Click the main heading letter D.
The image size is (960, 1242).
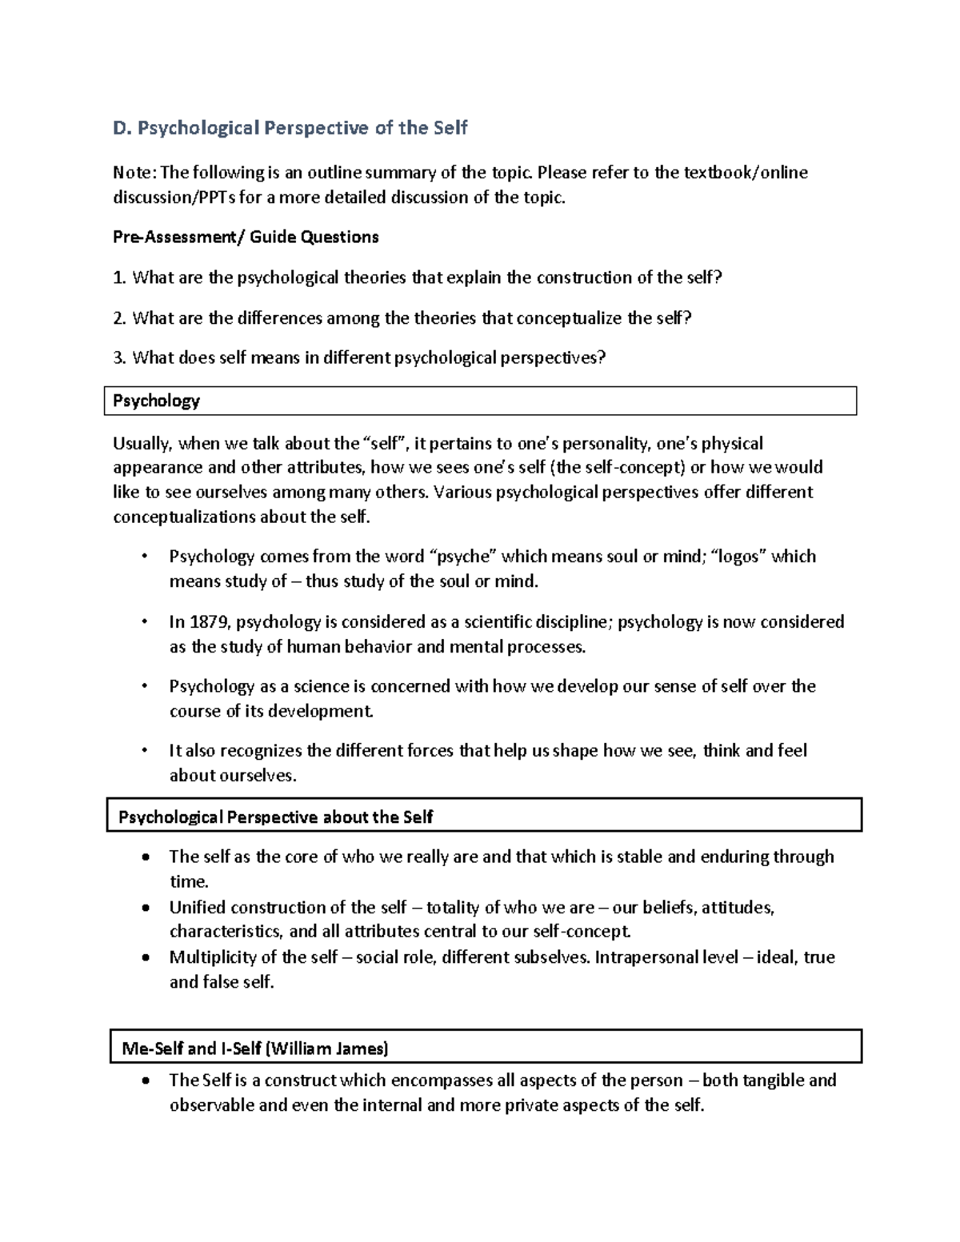click(x=121, y=128)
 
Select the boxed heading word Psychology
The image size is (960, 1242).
click(x=156, y=401)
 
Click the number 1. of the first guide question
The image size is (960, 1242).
click(x=119, y=278)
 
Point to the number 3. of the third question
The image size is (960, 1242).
click(x=119, y=357)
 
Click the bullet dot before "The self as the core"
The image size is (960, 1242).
click(x=144, y=857)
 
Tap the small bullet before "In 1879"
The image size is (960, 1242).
click(x=144, y=621)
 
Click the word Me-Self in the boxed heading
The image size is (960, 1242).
click(x=152, y=1048)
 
